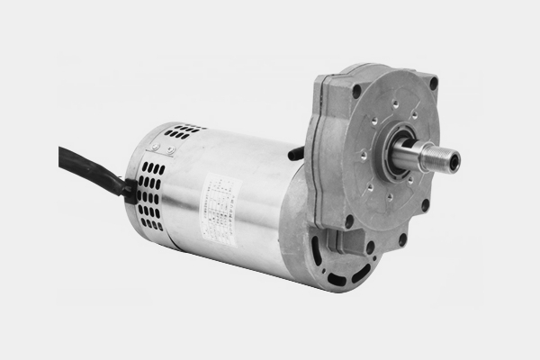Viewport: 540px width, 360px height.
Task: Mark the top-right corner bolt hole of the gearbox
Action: tap(433, 83)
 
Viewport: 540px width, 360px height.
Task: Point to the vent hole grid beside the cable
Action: tap(149, 193)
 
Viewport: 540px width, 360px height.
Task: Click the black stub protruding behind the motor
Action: tap(295, 154)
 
